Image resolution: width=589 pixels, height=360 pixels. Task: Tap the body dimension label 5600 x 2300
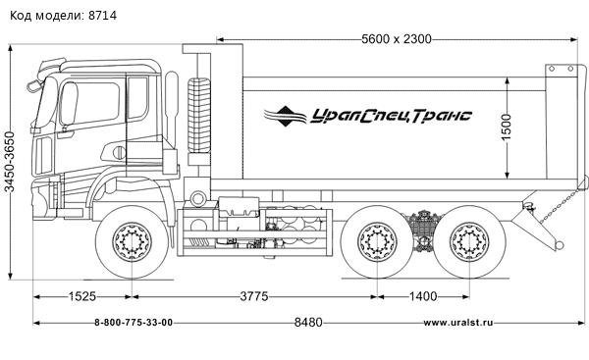click(397, 40)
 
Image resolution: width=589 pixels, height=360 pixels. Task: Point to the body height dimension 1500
click(507, 126)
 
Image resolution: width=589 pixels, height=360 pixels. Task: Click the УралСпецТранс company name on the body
click(391, 116)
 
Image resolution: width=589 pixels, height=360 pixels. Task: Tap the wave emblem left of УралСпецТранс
click(288, 116)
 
